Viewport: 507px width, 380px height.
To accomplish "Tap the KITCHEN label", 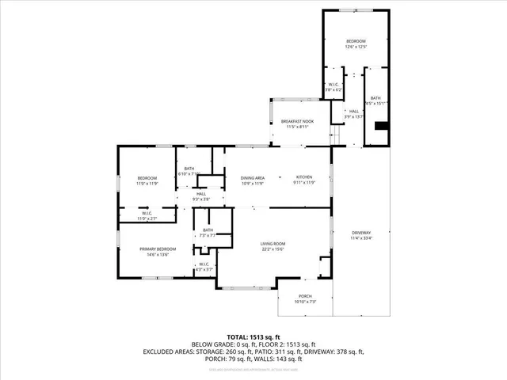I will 304,177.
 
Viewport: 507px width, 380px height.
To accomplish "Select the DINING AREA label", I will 253,177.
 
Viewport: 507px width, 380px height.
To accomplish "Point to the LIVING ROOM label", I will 273,244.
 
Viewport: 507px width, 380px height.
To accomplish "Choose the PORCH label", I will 305,297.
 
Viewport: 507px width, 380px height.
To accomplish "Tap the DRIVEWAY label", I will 360,232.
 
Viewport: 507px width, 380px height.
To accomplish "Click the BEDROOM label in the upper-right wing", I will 356,40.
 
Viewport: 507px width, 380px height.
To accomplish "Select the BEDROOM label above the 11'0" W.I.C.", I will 147,177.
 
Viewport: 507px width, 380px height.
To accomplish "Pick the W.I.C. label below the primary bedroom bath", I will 204,264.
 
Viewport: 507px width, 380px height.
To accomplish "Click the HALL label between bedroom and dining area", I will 201,194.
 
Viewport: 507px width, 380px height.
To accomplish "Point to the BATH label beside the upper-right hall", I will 377,97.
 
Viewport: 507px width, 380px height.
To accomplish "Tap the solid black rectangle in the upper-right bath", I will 382,126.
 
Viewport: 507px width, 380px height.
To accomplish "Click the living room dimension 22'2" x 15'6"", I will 273,249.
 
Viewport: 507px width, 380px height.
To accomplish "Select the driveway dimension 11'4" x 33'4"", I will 360,237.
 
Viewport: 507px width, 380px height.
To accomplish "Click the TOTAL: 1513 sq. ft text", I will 253,336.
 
